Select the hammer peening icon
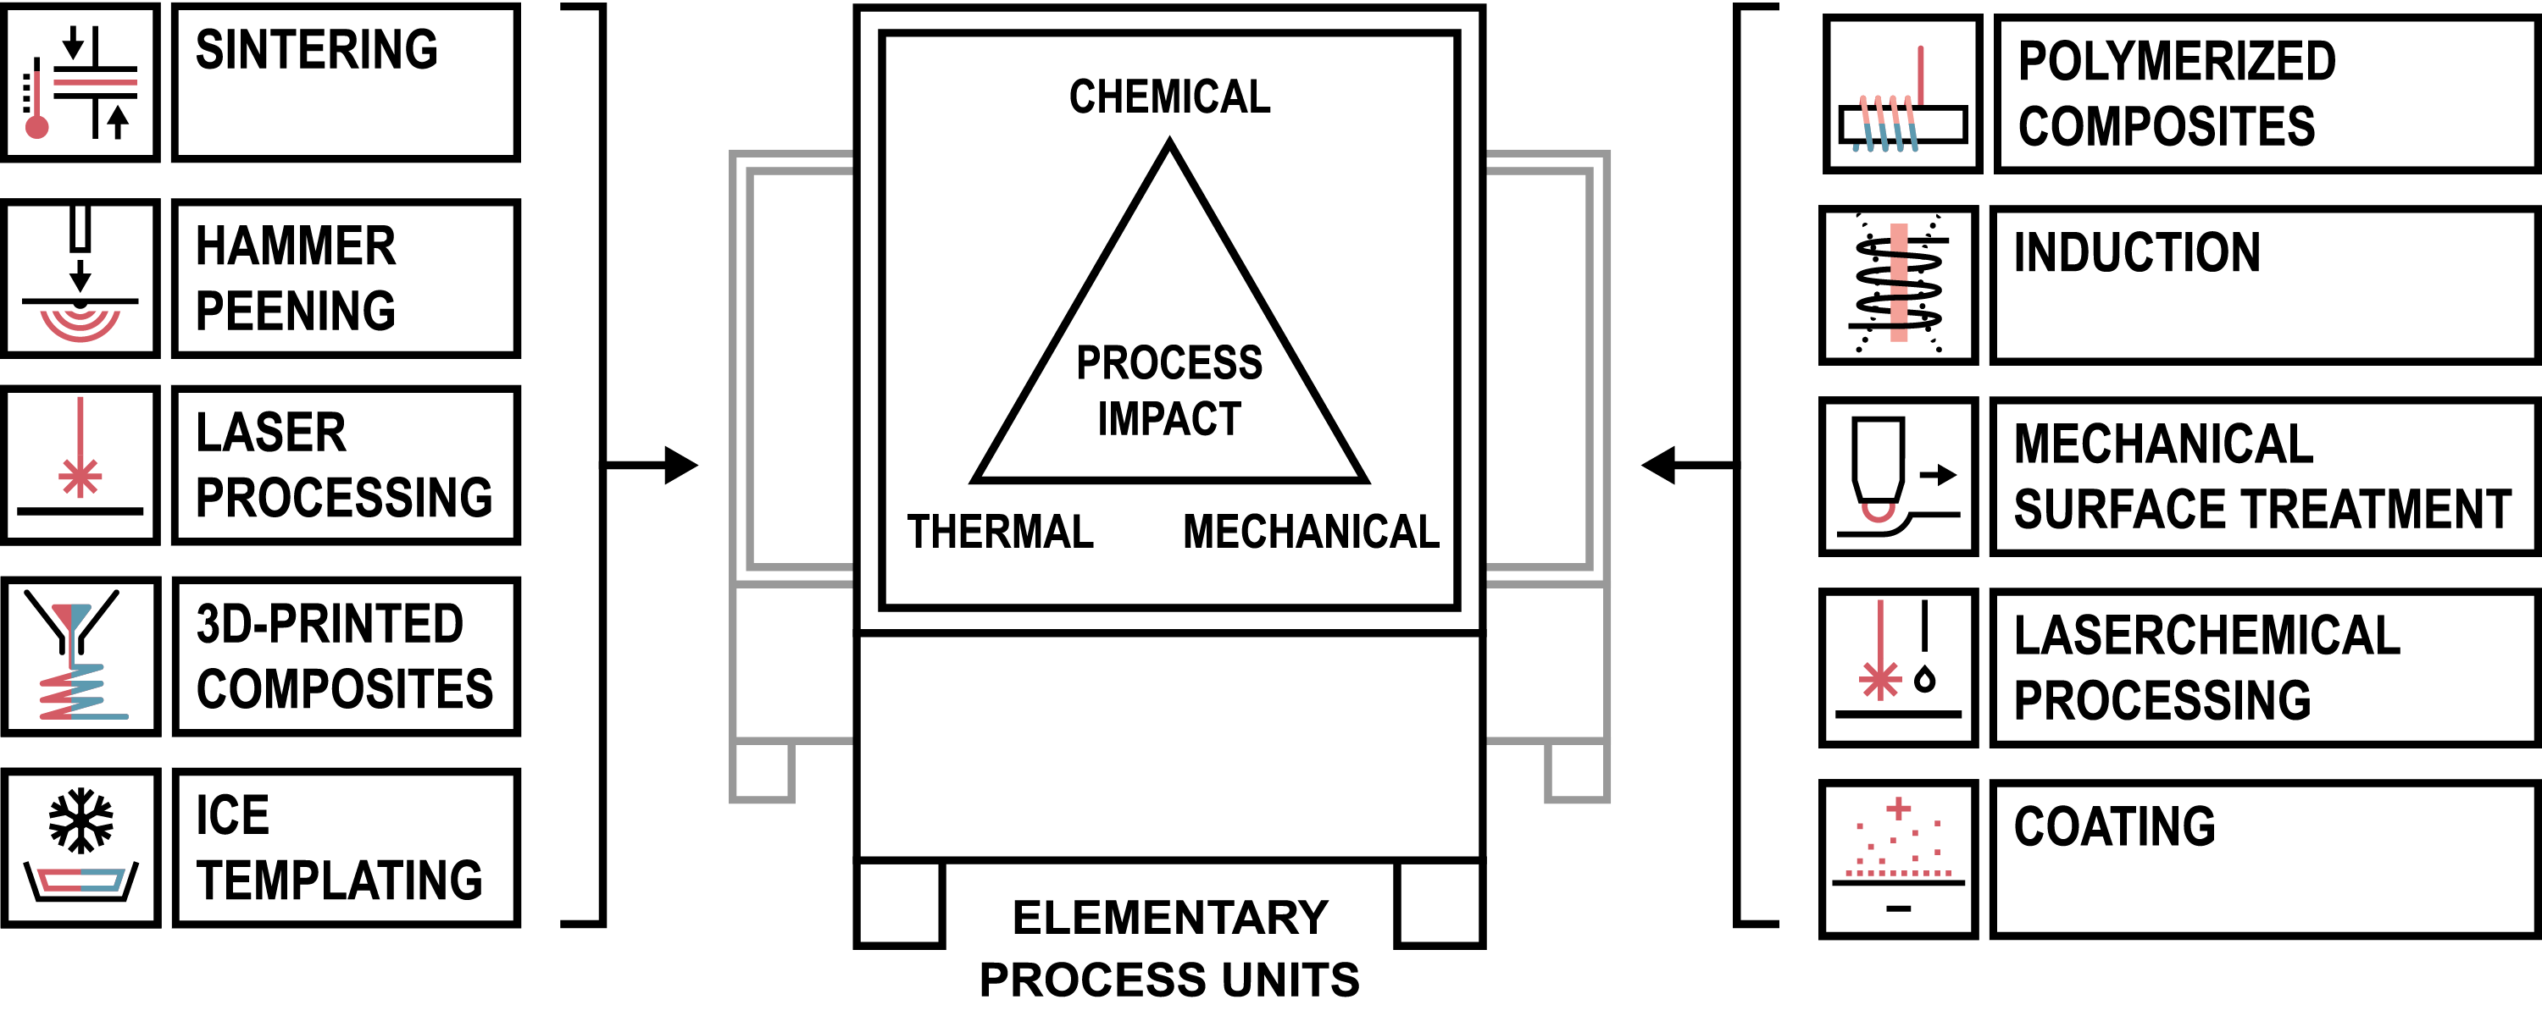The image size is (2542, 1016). tap(80, 279)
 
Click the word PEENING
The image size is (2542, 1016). tap(295, 312)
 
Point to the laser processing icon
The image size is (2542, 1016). tap(80, 466)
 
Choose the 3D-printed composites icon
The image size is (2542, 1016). tap(80, 656)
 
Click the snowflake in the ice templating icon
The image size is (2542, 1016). tap(80, 819)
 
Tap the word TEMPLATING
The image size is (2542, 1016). tap(340, 880)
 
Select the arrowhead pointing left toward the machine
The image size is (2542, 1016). tap(1659, 465)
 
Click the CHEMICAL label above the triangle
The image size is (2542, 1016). tap(1169, 97)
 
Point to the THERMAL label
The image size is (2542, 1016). tap(1000, 532)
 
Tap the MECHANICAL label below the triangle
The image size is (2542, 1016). tap(1311, 532)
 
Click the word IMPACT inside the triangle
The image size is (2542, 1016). tap(1169, 419)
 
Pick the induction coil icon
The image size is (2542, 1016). tap(1899, 285)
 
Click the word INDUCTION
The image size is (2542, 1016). tap(2136, 252)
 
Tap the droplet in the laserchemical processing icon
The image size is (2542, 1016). tap(1924, 679)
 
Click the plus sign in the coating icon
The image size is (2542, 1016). tap(1898, 809)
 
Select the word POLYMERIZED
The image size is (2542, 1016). tap(2177, 61)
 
